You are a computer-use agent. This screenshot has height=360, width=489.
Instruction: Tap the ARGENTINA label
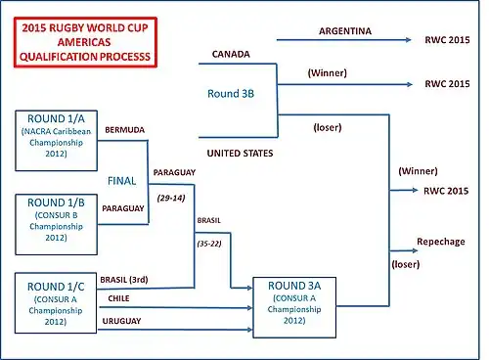pos(345,31)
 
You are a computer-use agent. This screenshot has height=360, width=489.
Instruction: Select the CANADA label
pos(231,54)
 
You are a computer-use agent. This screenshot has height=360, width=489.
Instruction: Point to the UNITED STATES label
pos(240,154)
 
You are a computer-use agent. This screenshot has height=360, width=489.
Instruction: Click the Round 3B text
pos(231,94)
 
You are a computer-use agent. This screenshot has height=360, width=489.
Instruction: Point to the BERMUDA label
pos(125,130)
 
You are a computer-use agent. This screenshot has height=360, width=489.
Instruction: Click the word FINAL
pos(121,181)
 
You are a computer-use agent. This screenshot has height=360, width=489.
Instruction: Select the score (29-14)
pos(171,198)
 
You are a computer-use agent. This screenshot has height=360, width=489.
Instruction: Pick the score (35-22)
pos(209,244)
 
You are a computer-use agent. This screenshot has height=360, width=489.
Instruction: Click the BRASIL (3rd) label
pos(124,280)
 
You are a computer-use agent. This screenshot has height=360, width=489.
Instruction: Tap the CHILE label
pos(118,298)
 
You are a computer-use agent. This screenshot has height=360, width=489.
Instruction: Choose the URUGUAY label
pos(121,321)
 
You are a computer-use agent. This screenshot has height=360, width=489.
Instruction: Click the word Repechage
pos(441,242)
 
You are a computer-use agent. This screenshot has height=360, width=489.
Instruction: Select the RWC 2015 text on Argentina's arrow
pos(447,40)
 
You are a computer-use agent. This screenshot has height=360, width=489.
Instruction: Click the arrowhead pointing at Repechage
pos(415,250)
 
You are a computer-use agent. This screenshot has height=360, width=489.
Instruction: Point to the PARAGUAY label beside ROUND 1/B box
pos(123,208)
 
